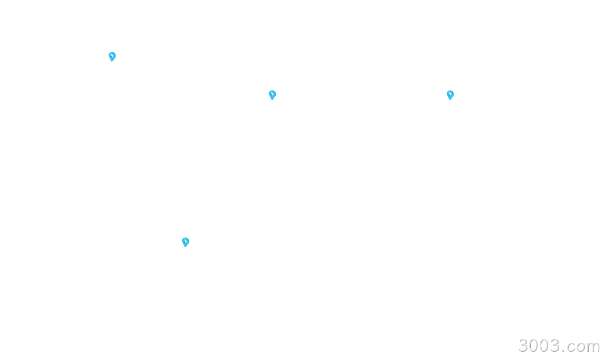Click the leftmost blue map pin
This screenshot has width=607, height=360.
coord(112,57)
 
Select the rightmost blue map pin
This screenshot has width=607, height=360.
coord(450,95)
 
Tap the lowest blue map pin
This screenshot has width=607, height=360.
coord(186,242)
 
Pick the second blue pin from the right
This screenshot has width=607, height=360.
coord(272,95)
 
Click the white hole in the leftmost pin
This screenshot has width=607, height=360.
coord(112,56)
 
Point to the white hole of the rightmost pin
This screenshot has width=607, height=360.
coord(450,94)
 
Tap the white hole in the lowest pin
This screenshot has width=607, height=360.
coord(186,241)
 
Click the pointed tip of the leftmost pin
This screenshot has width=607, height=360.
coord(112,62)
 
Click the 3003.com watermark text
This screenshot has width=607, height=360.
coord(559,346)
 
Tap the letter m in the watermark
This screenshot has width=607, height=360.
coord(594,348)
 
